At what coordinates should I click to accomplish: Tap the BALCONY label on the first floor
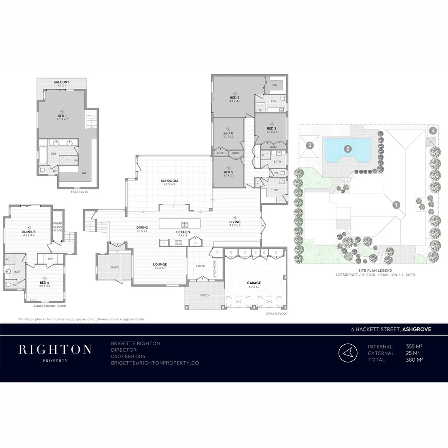point(61,83)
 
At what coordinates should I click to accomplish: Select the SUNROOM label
point(169,181)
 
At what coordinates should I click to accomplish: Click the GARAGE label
point(254,283)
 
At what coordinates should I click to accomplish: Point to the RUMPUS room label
point(28,232)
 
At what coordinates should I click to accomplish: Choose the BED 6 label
point(45,283)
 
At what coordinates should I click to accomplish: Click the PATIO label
point(115,267)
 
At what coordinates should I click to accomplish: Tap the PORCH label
point(205,295)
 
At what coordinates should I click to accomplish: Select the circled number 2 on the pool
point(348,148)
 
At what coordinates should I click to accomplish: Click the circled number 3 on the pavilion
point(309,145)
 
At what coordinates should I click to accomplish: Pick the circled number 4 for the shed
point(433,130)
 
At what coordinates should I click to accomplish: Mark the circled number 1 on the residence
point(396,205)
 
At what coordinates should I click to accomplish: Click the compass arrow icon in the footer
point(348,353)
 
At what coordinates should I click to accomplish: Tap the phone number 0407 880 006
point(128,356)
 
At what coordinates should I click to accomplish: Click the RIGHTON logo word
point(55,349)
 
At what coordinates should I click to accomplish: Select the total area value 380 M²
point(414,360)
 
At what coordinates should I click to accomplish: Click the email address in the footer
point(155,363)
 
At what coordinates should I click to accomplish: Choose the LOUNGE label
point(160,264)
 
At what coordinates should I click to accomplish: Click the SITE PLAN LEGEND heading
point(375,270)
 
